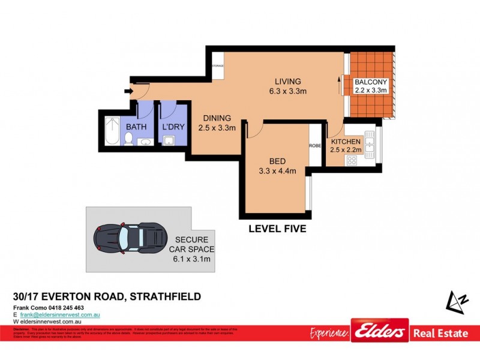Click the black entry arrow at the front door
tap(127, 91)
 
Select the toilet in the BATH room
tap(128, 139)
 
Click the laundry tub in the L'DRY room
tap(169, 141)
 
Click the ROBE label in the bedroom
tap(316, 145)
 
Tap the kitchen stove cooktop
tap(351, 160)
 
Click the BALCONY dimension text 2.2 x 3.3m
tap(371, 91)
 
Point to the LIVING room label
tap(287, 82)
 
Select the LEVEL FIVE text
tap(277, 228)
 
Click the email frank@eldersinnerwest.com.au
tap(60, 314)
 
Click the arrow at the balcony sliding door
tap(340, 85)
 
